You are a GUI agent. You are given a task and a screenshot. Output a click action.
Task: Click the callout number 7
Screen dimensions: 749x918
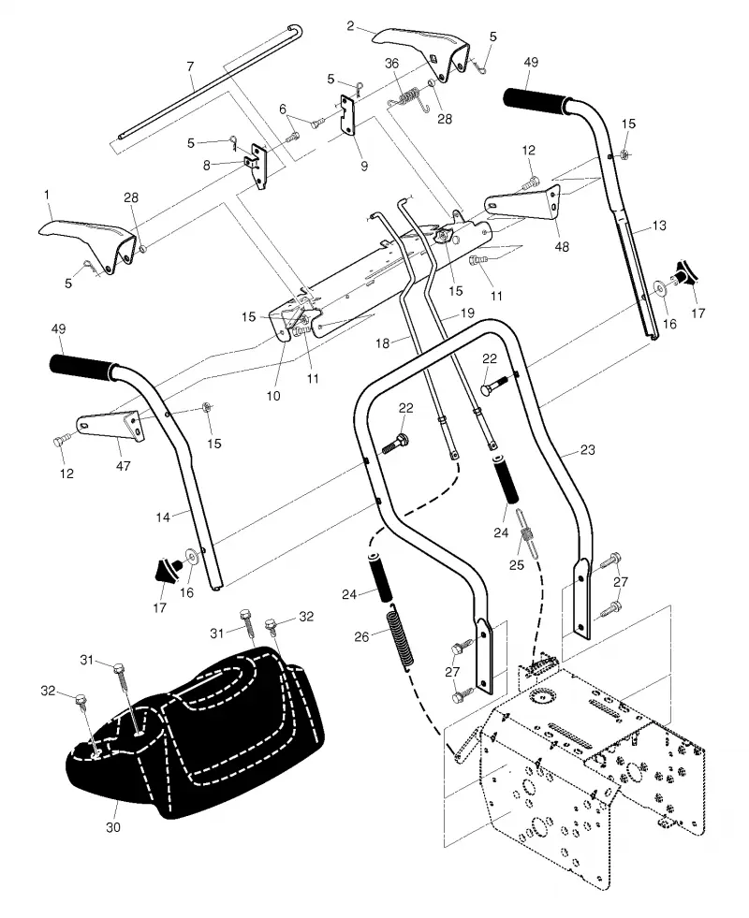[190, 66]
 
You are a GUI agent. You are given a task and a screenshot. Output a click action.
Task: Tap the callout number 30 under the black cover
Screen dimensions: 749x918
[113, 826]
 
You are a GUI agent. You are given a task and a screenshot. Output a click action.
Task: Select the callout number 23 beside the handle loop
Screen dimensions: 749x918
[587, 449]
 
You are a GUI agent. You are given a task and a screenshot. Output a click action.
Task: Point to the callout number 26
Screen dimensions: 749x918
[362, 635]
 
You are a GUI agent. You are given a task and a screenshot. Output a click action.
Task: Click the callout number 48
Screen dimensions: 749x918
[562, 246]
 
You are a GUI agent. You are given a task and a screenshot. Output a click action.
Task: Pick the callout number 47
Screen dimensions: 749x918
[123, 466]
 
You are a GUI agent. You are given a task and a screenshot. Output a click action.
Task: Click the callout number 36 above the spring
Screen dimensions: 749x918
[391, 64]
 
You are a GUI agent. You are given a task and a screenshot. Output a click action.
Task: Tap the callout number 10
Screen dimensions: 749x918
[273, 396]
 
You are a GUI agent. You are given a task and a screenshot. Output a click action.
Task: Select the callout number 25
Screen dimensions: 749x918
[516, 565]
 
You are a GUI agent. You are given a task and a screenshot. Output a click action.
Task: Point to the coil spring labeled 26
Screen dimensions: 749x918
[402, 635]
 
